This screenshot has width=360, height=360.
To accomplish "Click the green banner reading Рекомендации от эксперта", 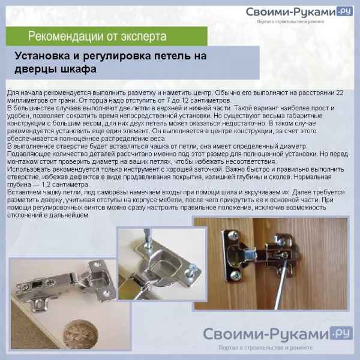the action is [x=107, y=36].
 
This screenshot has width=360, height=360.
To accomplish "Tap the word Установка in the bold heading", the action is [x=42, y=56].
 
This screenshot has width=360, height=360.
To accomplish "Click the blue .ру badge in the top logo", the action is [x=344, y=11].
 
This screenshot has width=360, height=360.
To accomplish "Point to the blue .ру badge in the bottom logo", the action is [x=341, y=333].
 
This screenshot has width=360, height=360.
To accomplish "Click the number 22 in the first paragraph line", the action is [x=340, y=93].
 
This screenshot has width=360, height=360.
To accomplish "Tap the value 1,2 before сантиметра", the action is [x=46, y=185].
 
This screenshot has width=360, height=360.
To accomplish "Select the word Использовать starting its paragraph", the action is [x=29, y=169].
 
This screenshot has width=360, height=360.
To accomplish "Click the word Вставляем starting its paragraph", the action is [x=24, y=192].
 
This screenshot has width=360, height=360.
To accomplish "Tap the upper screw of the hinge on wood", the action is [x=233, y=236].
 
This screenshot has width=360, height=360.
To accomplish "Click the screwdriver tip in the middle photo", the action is [x=148, y=244].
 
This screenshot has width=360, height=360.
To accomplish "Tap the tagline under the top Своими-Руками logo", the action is [x=290, y=22].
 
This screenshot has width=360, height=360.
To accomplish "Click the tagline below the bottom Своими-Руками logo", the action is [x=265, y=347].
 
